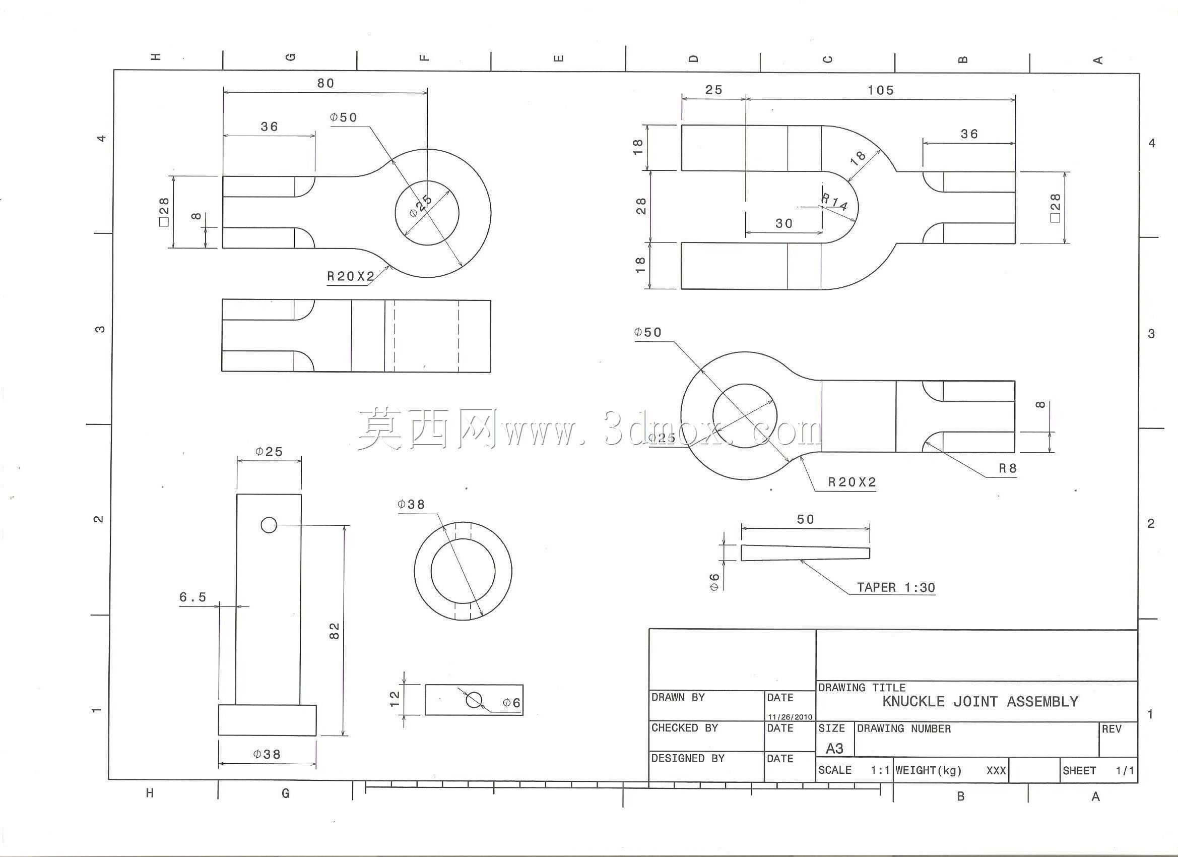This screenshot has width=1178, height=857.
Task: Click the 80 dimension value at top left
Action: click(x=325, y=83)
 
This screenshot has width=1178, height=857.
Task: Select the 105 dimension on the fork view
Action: click(x=881, y=90)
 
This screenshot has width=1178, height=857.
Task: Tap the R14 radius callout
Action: click(x=834, y=202)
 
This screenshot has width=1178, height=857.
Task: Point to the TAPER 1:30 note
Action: click(x=896, y=588)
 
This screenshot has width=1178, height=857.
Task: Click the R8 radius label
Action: click(x=1008, y=468)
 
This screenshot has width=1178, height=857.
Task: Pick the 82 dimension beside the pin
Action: click(x=335, y=631)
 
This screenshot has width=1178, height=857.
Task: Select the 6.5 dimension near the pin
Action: click(x=192, y=597)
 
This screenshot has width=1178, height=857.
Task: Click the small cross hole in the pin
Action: click(x=269, y=525)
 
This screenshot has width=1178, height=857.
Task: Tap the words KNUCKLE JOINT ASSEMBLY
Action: click(x=980, y=702)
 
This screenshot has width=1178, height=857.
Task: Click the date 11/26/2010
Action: click(x=790, y=717)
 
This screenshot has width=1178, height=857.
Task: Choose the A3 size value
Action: click(x=834, y=749)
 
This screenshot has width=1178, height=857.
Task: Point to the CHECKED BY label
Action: click(x=685, y=728)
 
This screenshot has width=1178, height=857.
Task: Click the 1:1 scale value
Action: click(x=880, y=770)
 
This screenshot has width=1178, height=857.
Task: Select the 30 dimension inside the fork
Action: click(x=784, y=223)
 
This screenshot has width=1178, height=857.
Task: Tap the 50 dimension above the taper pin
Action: click(x=806, y=519)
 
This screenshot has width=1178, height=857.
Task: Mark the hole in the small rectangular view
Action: click(x=474, y=700)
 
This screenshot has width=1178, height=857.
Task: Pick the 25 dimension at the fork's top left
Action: click(x=713, y=90)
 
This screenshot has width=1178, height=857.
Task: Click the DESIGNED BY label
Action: click(x=688, y=759)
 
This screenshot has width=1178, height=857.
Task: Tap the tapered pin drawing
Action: click(x=805, y=553)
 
